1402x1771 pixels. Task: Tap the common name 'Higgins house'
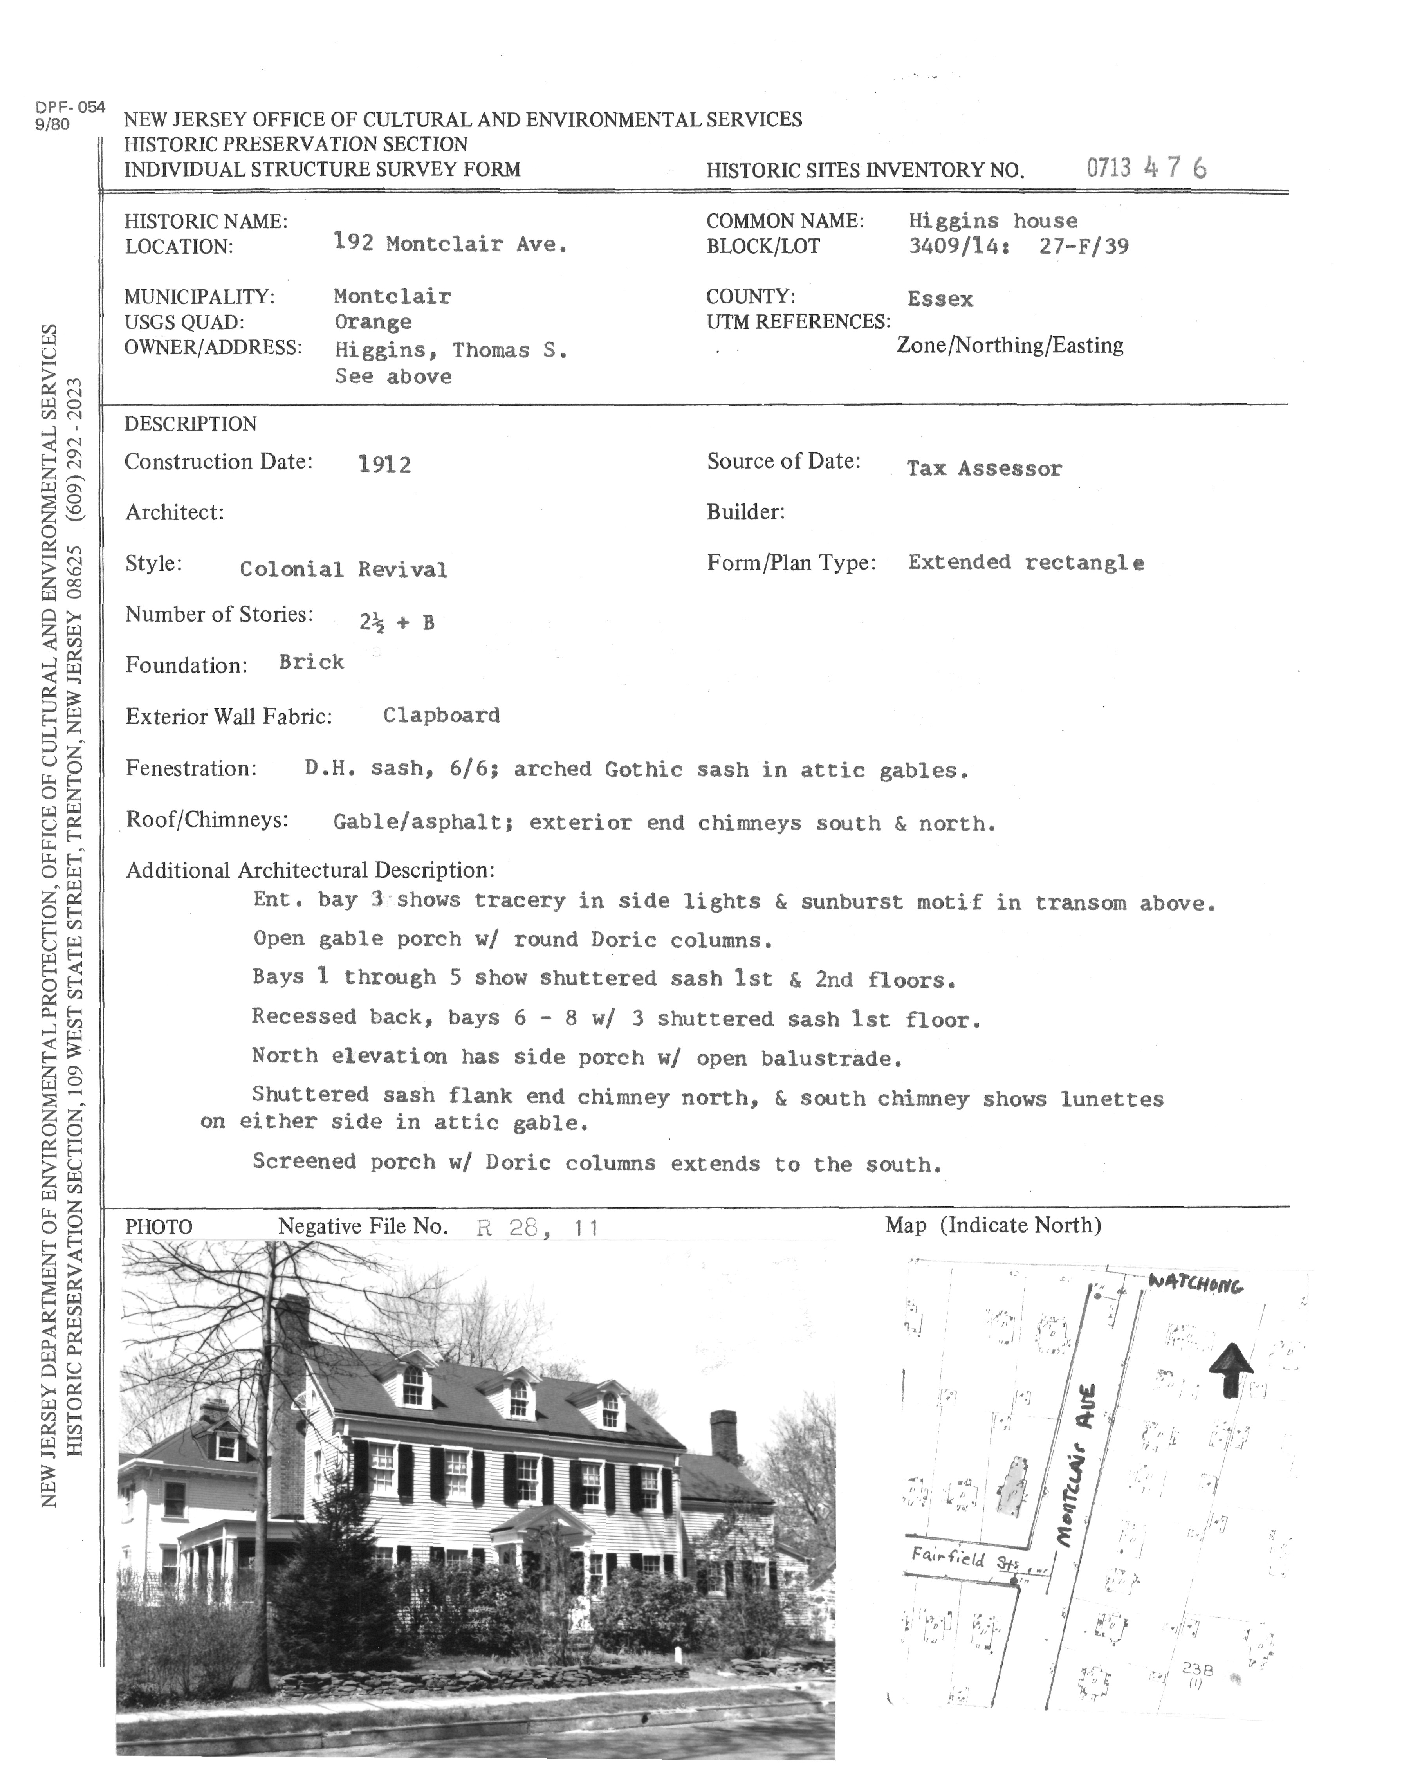pyautogui.click(x=992, y=221)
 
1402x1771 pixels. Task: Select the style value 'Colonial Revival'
pyautogui.click(x=343, y=570)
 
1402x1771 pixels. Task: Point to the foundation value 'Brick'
pyautogui.click(x=311, y=662)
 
